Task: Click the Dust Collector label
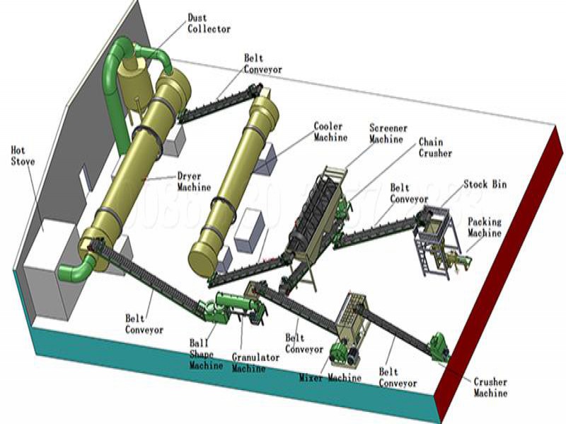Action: click(209, 23)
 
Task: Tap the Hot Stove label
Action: click(23, 155)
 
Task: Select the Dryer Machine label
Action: click(194, 182)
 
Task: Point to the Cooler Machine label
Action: click(330, 132)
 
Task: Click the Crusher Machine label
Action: click(490, 387)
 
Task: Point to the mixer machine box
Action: click(354, 318)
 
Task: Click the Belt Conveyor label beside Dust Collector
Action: click(262, 65)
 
